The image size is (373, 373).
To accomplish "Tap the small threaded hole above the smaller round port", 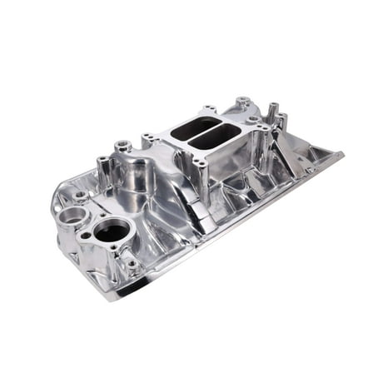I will (79, 195).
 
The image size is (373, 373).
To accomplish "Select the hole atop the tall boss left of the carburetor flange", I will (122, 145).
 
